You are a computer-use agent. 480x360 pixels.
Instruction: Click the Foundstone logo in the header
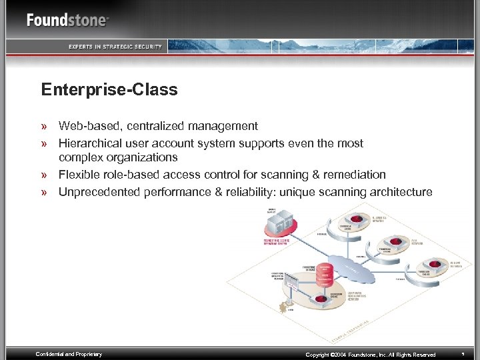tap(67, 19)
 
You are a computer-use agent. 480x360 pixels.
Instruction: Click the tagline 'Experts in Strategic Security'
tap(115, 46)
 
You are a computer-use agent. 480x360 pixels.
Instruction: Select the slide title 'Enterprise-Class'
tap(109, 89)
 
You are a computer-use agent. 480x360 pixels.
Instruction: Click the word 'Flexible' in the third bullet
tap(79, 175)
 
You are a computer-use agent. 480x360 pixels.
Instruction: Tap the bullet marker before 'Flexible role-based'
tap(45, 175)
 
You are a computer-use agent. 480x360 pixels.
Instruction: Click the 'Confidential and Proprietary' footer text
tap(69, 354)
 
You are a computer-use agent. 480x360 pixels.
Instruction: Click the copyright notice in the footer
tap(370, 355)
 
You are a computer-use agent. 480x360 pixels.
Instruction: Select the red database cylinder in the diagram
tap(324, 275)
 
